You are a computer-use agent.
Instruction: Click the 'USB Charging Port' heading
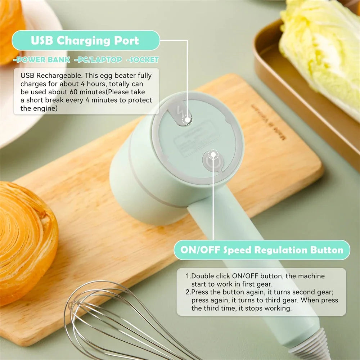click(85, 40)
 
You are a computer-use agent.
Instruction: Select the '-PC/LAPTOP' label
click(98, 60)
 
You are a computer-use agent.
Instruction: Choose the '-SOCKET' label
click(143, 60)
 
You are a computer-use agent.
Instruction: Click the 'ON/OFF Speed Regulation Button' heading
click(262, 250)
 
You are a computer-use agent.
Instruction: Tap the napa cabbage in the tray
click(320, 50)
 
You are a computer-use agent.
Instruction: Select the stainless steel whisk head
click(119, 324)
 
